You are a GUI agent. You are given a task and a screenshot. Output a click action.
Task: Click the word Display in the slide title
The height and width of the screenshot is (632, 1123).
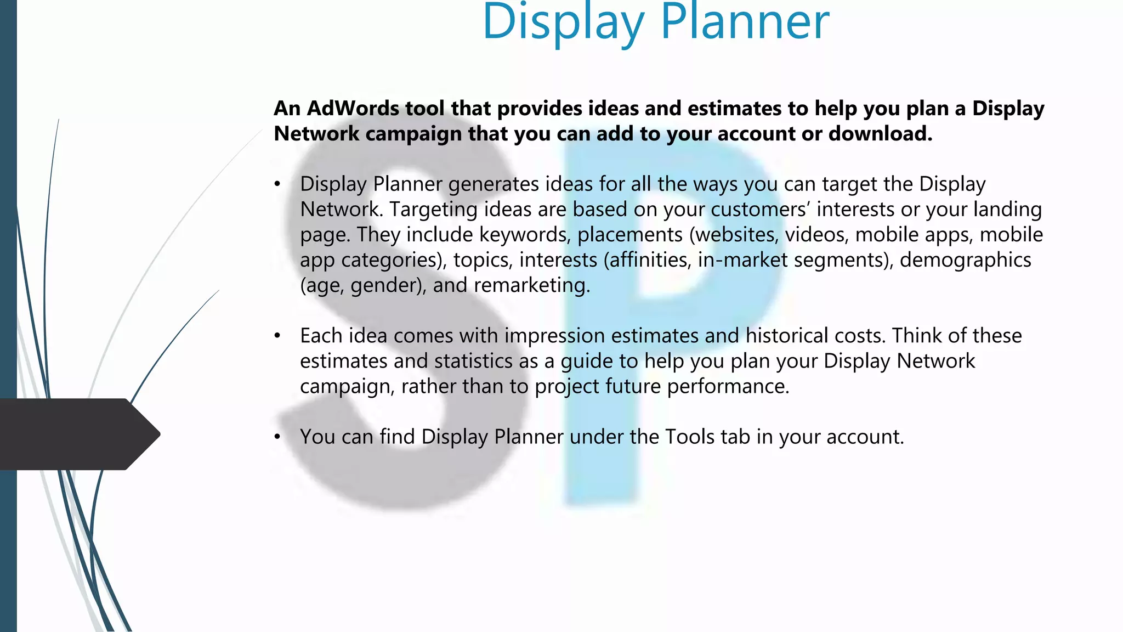(563, 23)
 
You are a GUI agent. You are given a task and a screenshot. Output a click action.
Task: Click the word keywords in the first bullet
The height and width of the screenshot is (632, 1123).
(523, 235)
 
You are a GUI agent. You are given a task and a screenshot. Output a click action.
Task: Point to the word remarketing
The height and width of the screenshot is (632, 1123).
(531, 285)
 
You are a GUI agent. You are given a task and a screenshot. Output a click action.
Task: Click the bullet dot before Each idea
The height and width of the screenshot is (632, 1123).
(278, 336)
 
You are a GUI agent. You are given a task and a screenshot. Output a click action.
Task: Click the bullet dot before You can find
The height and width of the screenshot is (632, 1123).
(278, 437)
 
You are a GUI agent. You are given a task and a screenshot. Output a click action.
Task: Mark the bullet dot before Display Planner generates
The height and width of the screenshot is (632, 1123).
(278, 184)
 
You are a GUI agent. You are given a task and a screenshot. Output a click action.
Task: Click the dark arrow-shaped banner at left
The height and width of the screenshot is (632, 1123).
(77, 434)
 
